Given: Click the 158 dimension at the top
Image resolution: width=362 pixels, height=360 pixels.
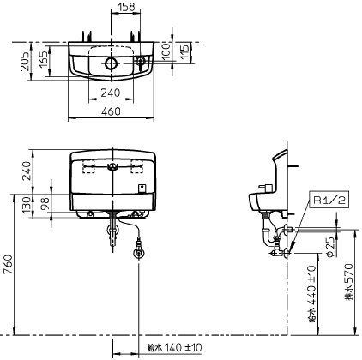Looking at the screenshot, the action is coord(126,7).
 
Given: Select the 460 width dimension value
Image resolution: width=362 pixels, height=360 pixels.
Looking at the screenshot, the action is coord(111,111).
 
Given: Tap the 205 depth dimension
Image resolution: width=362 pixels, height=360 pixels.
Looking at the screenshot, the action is coord(25,61).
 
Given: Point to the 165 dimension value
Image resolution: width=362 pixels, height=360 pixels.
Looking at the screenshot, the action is coord(44,59).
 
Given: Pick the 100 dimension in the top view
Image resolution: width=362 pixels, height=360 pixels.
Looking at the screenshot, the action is coord(166,51).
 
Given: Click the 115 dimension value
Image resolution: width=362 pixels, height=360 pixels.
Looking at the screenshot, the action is coord(184,51).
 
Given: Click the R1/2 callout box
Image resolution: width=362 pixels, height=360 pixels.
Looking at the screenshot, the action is coord(329,200).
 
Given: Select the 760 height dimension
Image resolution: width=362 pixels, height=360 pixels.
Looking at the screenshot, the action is coord(9,264).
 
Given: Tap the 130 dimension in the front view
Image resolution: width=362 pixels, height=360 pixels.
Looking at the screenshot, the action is coord(27,204).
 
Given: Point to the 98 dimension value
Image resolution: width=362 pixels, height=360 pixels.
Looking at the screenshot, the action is coord(45,203).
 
